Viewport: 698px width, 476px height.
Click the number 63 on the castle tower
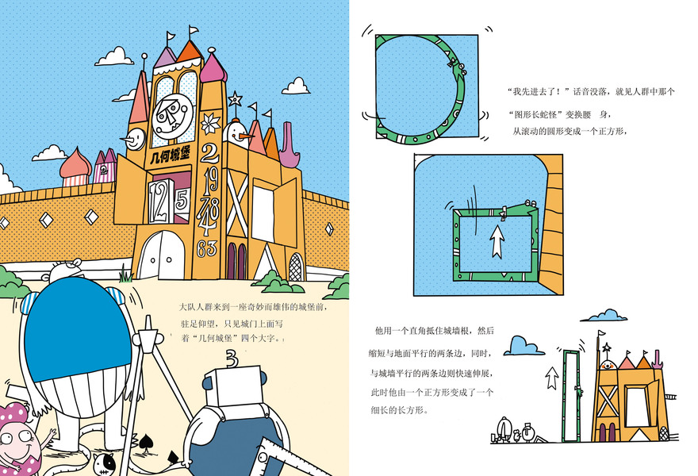click(x=207, y=248)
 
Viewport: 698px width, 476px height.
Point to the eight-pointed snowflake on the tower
click(x=210, y=123)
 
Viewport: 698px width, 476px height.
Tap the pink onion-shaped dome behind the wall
click(x=76, y=165)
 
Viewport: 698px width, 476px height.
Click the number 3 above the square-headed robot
click(x=231, y=358)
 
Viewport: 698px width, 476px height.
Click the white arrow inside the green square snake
click(x=497, y=241)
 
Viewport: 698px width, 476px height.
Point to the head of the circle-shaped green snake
click(x=454, y=63)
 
